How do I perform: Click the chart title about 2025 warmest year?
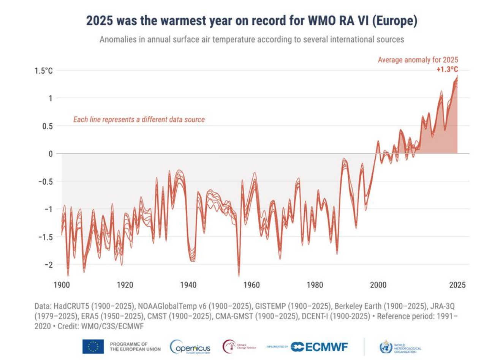(252, 21)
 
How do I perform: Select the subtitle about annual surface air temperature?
(252, 39)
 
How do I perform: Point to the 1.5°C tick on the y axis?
(44, 71)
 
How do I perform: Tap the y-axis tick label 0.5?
(47, 126)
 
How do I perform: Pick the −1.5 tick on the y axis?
(46, 237)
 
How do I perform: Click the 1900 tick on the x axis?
(62, 285)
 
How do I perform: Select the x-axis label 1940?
(188, 285)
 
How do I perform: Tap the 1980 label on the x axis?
(315, 285)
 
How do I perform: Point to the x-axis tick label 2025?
(457, 285)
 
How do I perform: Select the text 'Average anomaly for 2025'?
(418, 60)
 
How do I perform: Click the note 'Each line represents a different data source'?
(139, 120)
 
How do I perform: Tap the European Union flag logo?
(93, 346)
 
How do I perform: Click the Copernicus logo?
(190, 347)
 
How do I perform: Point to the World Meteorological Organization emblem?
(386, 347)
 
